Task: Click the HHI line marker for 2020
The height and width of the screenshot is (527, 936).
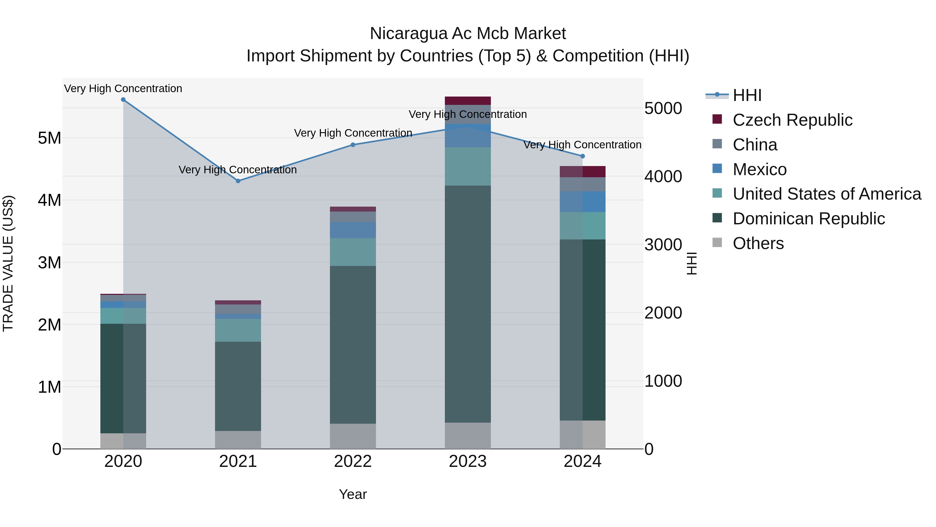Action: pyautogui.click(x=123, y=100)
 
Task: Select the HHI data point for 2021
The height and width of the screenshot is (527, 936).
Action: pyautogui.click(x=238, y=181)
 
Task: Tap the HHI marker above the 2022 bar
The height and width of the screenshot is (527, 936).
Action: pyautogui.click(x=353, y=145)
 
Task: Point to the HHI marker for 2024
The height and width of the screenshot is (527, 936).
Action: pyautogui.click(x=582, y=156)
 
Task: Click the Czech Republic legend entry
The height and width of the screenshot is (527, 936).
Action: pyautogui.click(x=792, y=120)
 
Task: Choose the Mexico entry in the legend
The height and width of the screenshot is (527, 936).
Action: pyautogui.click(x=759, y=169)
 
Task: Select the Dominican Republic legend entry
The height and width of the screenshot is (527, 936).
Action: pyautogui.click(x=808, y=219)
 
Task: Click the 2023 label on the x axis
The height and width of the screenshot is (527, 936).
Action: pyautogui.click(x=468, y=461)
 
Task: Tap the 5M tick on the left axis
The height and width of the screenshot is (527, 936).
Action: pyautogui.click(x=49, y=138)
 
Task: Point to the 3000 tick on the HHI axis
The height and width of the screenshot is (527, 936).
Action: pyautogui.click(x=663, y=245)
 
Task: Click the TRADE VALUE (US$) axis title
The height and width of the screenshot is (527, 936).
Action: pyautogui.click(x=8, y=263)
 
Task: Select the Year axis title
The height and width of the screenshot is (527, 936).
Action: pyautogui.click(x=353, y=494)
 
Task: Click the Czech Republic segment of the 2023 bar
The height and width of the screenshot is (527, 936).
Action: pyautogui.click(x=468, y=101)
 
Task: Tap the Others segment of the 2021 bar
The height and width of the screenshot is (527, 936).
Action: pyautogui.click(x=238, y=440)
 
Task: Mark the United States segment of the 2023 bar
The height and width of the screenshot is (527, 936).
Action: pyautogui.click(x=468, y=167)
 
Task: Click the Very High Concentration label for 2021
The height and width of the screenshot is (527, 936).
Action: pyautogui.click(x=238, y=170)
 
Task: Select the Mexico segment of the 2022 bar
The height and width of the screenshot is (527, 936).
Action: pyautogui.click(x=353, y=230)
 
